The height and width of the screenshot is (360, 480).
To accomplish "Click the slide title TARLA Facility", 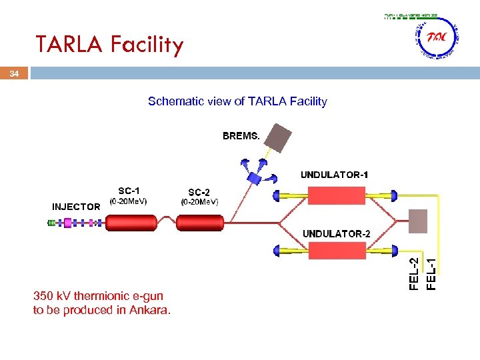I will [109, 45].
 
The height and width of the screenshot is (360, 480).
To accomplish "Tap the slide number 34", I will [14, 74].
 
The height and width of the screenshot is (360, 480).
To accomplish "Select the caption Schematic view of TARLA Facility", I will [237, 101].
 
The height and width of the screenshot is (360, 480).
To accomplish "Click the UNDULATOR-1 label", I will [334, 175].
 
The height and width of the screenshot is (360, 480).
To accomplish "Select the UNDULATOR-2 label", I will [336, 233].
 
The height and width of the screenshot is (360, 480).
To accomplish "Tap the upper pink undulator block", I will [336, 195].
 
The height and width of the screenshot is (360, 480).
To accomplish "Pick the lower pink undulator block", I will [336, 251].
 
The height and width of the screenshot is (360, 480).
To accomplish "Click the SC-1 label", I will [129, 190].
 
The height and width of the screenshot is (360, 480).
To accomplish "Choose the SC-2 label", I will [199, 191].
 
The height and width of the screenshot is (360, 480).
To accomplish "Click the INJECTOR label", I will [76, 207].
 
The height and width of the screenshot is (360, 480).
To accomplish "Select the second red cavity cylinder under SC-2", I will [201, 223].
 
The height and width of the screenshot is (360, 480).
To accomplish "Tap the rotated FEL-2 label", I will [413, 273].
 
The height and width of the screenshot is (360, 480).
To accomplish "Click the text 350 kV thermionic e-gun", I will [98, 295].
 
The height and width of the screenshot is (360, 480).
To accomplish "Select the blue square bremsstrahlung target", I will [254, 178].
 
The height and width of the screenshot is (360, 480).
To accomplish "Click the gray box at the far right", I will [418, 221].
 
